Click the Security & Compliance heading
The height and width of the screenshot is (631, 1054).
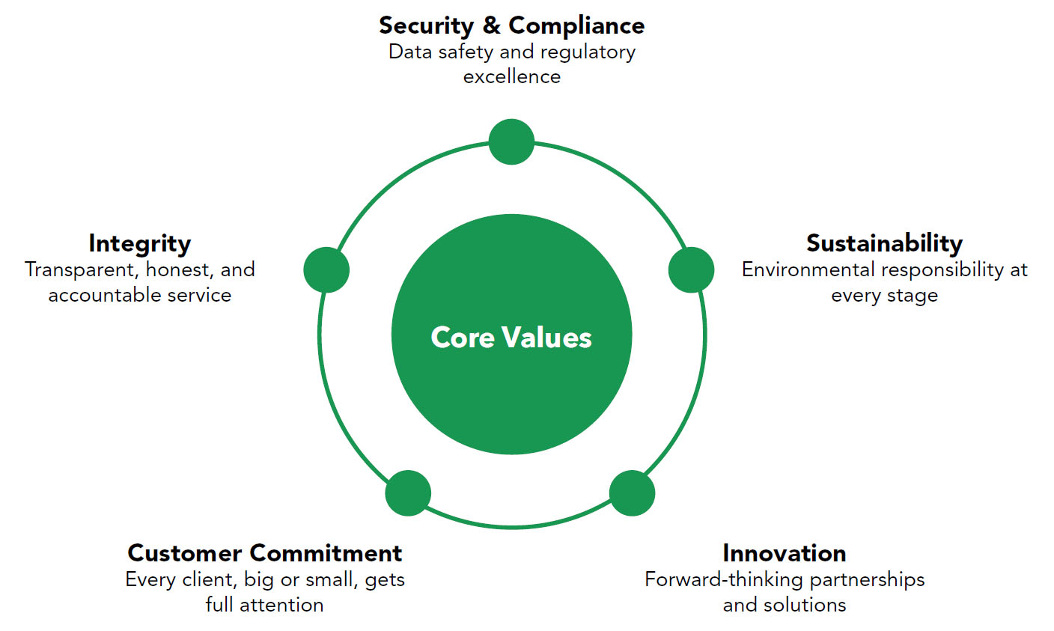tap(511, 25)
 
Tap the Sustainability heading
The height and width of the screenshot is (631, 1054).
tap(884, 243)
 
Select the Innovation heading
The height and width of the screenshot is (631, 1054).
tap(784, 553)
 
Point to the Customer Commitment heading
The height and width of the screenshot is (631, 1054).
tap(264, 553)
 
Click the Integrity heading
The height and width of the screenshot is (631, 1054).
tap(139, 243)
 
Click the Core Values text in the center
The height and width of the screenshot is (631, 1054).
tap(511, 337)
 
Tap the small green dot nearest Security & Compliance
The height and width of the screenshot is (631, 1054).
tap(511, 141)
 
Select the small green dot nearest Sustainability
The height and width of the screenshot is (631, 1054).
tap(691, 269)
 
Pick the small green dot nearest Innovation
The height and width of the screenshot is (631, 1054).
tap(632, 493)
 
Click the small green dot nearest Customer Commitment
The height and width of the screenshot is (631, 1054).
tap(408, 493)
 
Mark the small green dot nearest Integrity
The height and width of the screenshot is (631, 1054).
tap(326, 269)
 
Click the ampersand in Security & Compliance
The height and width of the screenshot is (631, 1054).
tap(491, 25)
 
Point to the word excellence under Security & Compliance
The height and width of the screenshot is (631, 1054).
tap(511, 76)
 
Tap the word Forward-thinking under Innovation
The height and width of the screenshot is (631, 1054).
tap(724, 579)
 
